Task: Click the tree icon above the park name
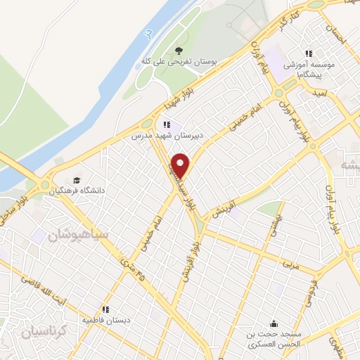pyautogui.click(x=179, y=50)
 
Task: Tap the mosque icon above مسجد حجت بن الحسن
pyautogui.click(x=273, y=324)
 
